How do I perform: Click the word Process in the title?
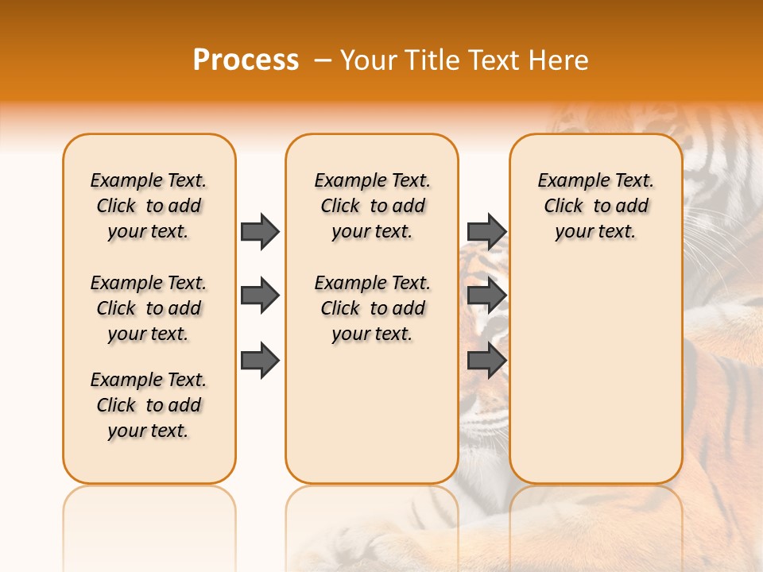(246, 60)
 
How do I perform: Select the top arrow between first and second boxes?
(260, 231)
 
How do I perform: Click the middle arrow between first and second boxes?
(260, 296)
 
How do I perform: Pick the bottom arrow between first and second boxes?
(260, 361)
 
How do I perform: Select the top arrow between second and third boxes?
(486, 231)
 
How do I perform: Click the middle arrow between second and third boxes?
(486, 296)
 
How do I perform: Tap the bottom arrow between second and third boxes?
(486, 361)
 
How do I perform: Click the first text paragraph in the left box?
(149, 206)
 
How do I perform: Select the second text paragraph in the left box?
(149, 308)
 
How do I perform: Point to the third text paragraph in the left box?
(149, 405)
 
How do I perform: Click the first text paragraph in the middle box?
(373, 206)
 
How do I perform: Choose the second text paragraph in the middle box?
(373, 308)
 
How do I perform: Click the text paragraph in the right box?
(596, 206)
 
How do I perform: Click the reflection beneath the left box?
(149, 516)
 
